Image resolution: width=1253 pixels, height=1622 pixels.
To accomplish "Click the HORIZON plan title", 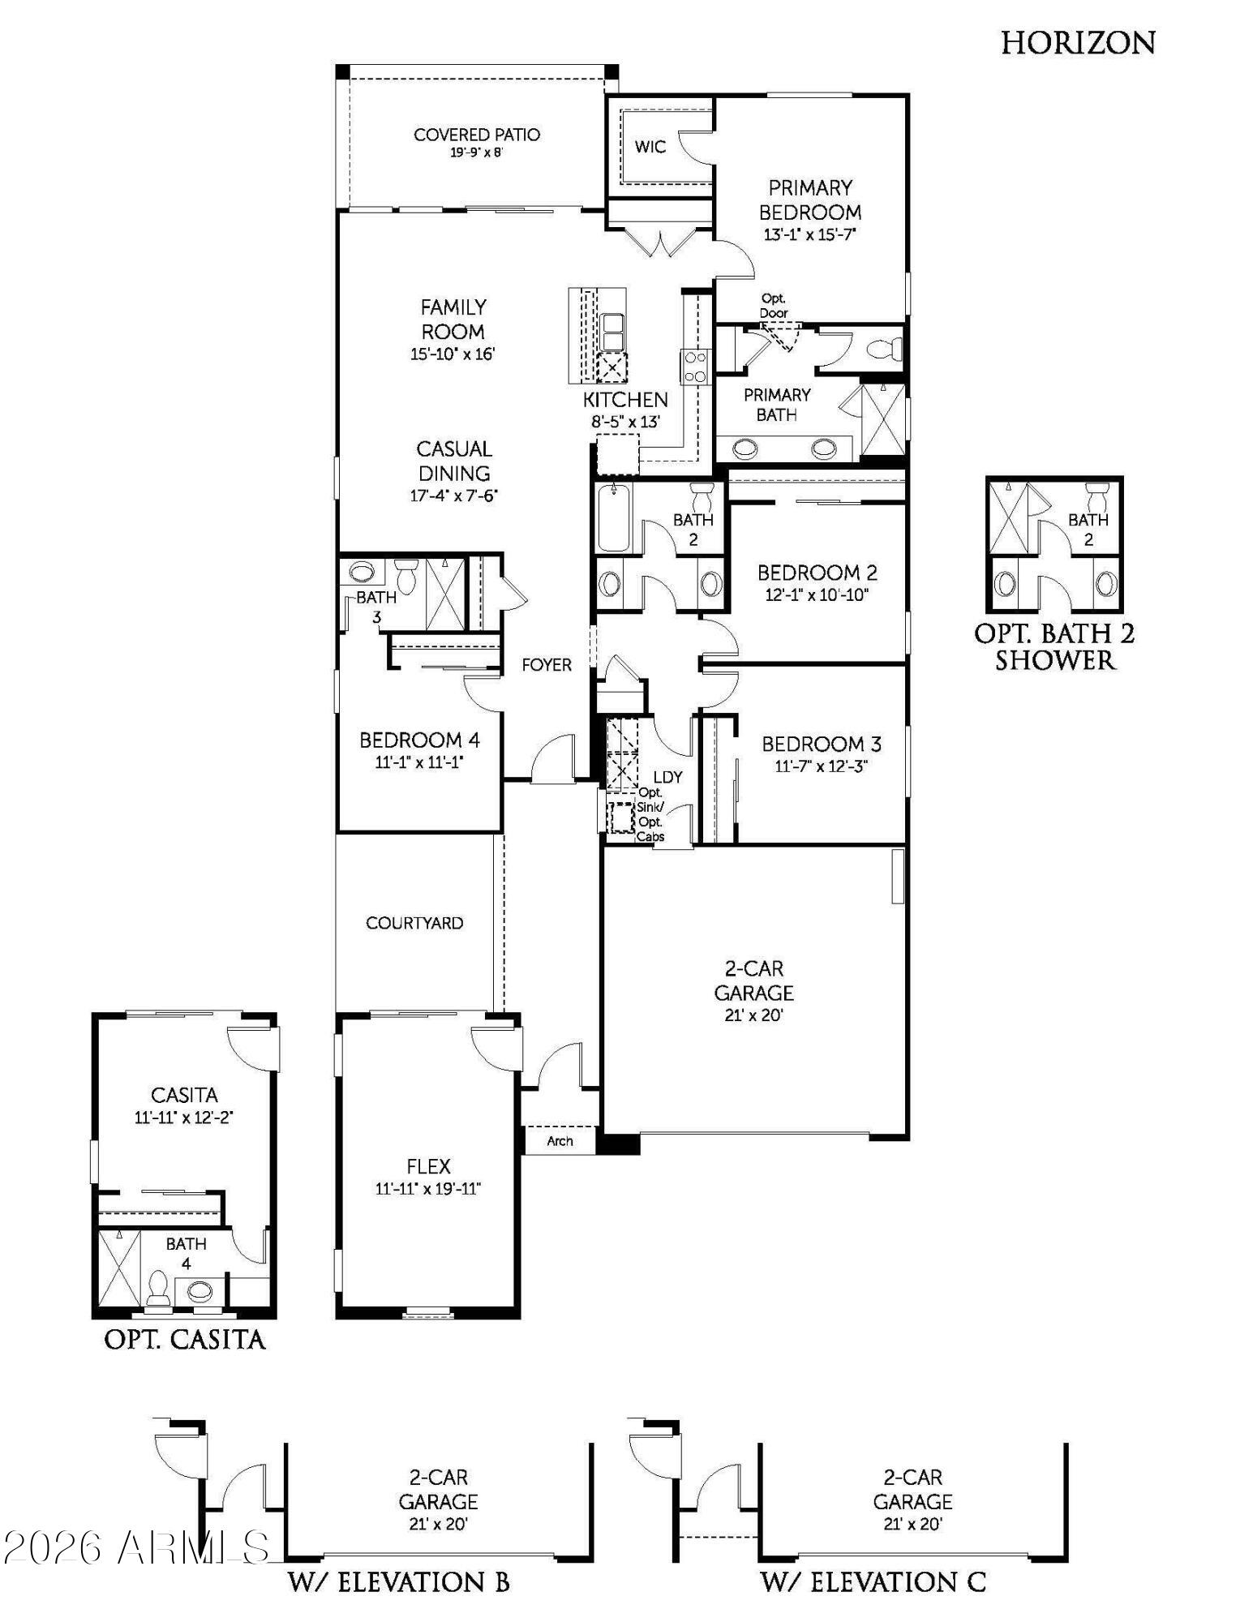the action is [1078, 43].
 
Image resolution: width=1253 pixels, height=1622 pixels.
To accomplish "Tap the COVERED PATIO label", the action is [477, 135].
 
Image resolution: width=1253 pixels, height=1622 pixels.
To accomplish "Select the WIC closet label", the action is [650, 147].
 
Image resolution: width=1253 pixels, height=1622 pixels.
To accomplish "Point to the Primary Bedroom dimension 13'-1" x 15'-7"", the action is [810, 235].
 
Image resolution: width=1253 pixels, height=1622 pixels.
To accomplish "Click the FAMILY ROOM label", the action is [453, 320].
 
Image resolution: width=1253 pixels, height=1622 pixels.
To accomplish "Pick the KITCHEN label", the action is [625, 400].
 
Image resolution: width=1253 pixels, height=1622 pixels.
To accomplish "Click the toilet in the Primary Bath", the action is [885, 350].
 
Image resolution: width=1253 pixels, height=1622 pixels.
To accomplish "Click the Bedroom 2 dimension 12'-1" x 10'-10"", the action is [817, 595].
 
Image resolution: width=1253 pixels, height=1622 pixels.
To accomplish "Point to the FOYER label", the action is [547, 665].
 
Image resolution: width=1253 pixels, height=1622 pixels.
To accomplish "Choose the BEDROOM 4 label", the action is [419, 740].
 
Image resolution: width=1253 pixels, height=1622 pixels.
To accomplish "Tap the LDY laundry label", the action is [668, 776].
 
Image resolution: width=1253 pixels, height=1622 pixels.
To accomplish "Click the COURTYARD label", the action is [414, 923].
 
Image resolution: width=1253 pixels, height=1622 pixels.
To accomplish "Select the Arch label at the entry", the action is [560, 1141].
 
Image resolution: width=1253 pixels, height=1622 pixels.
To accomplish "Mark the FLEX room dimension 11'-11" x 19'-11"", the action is [428, 1189].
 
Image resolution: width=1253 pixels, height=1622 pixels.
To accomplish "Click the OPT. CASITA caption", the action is [185, 1339].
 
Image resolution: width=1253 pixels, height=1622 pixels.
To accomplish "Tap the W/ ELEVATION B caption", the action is [399, 1581].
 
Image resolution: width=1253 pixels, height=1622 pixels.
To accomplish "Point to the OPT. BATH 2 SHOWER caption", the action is [1054, 646].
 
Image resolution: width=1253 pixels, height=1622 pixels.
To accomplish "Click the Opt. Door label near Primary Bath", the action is [774, 306].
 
